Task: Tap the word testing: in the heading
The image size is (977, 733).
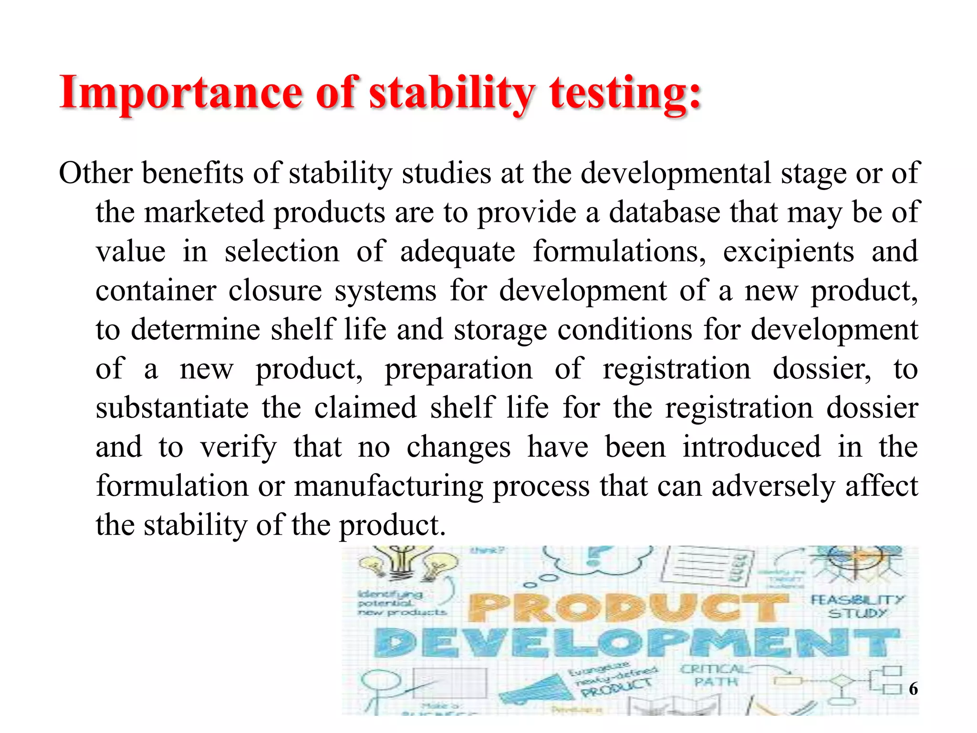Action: [x=625, y=93]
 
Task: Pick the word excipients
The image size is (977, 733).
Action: [x=788, y=252]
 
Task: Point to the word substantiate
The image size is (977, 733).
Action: [x=172, y=408]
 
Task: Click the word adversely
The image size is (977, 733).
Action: [x=773, y=487]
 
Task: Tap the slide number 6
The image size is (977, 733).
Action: [x=913, y=689]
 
